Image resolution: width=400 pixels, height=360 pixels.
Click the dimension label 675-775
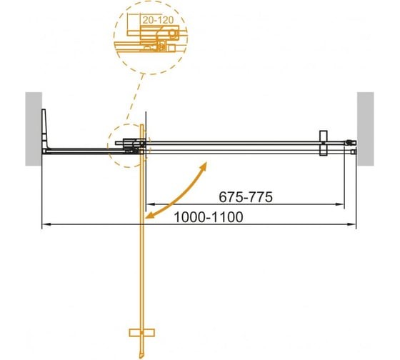tap(244, 197)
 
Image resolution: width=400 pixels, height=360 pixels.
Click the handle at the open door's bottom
tap(143, 334)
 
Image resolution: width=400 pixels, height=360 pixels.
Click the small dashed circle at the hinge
tap(129, 146)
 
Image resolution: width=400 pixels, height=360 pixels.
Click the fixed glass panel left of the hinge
tap(79, 151)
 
